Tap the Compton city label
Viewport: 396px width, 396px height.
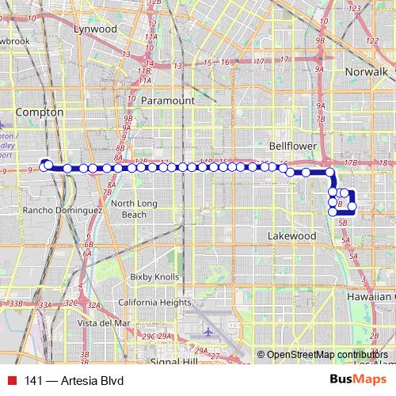[x=39, y=112]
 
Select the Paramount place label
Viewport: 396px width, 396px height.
[x=168, y=101]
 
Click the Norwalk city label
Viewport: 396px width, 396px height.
[x=367, y=72]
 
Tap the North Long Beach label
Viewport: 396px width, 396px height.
[x=128, y=209]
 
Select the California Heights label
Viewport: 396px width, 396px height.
[x=154, y=302]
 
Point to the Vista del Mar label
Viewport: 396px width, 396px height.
[x=104, y=323]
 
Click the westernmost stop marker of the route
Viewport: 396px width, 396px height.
[x=45, y=163]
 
